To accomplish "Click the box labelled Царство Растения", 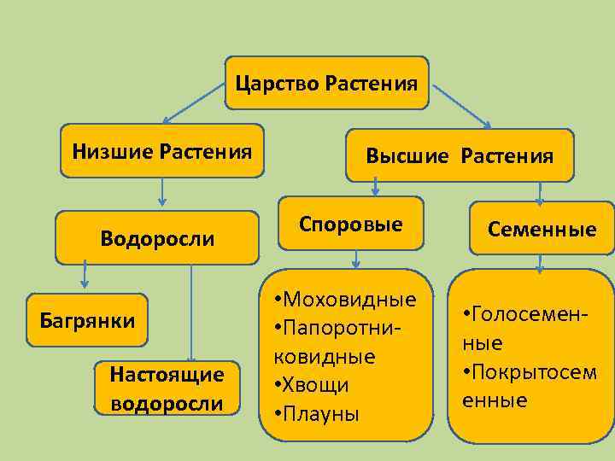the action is click(326, 84).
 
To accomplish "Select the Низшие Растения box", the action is click(161, 152).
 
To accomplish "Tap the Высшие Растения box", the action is click(460, 155).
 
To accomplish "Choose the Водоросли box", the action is click(157, 237).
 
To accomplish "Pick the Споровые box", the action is click(351, 224).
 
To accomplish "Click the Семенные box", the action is click(542, 229).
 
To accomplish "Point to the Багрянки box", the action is click(87, 320).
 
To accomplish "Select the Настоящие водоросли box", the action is click(167, 388).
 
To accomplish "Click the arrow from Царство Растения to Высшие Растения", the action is click(461, 106).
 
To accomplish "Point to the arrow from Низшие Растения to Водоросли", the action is click(162, 194).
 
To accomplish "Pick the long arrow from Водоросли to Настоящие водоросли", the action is click(191, 312).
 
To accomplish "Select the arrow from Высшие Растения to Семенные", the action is click(539, 191).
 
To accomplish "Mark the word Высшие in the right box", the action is click(407, 156).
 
